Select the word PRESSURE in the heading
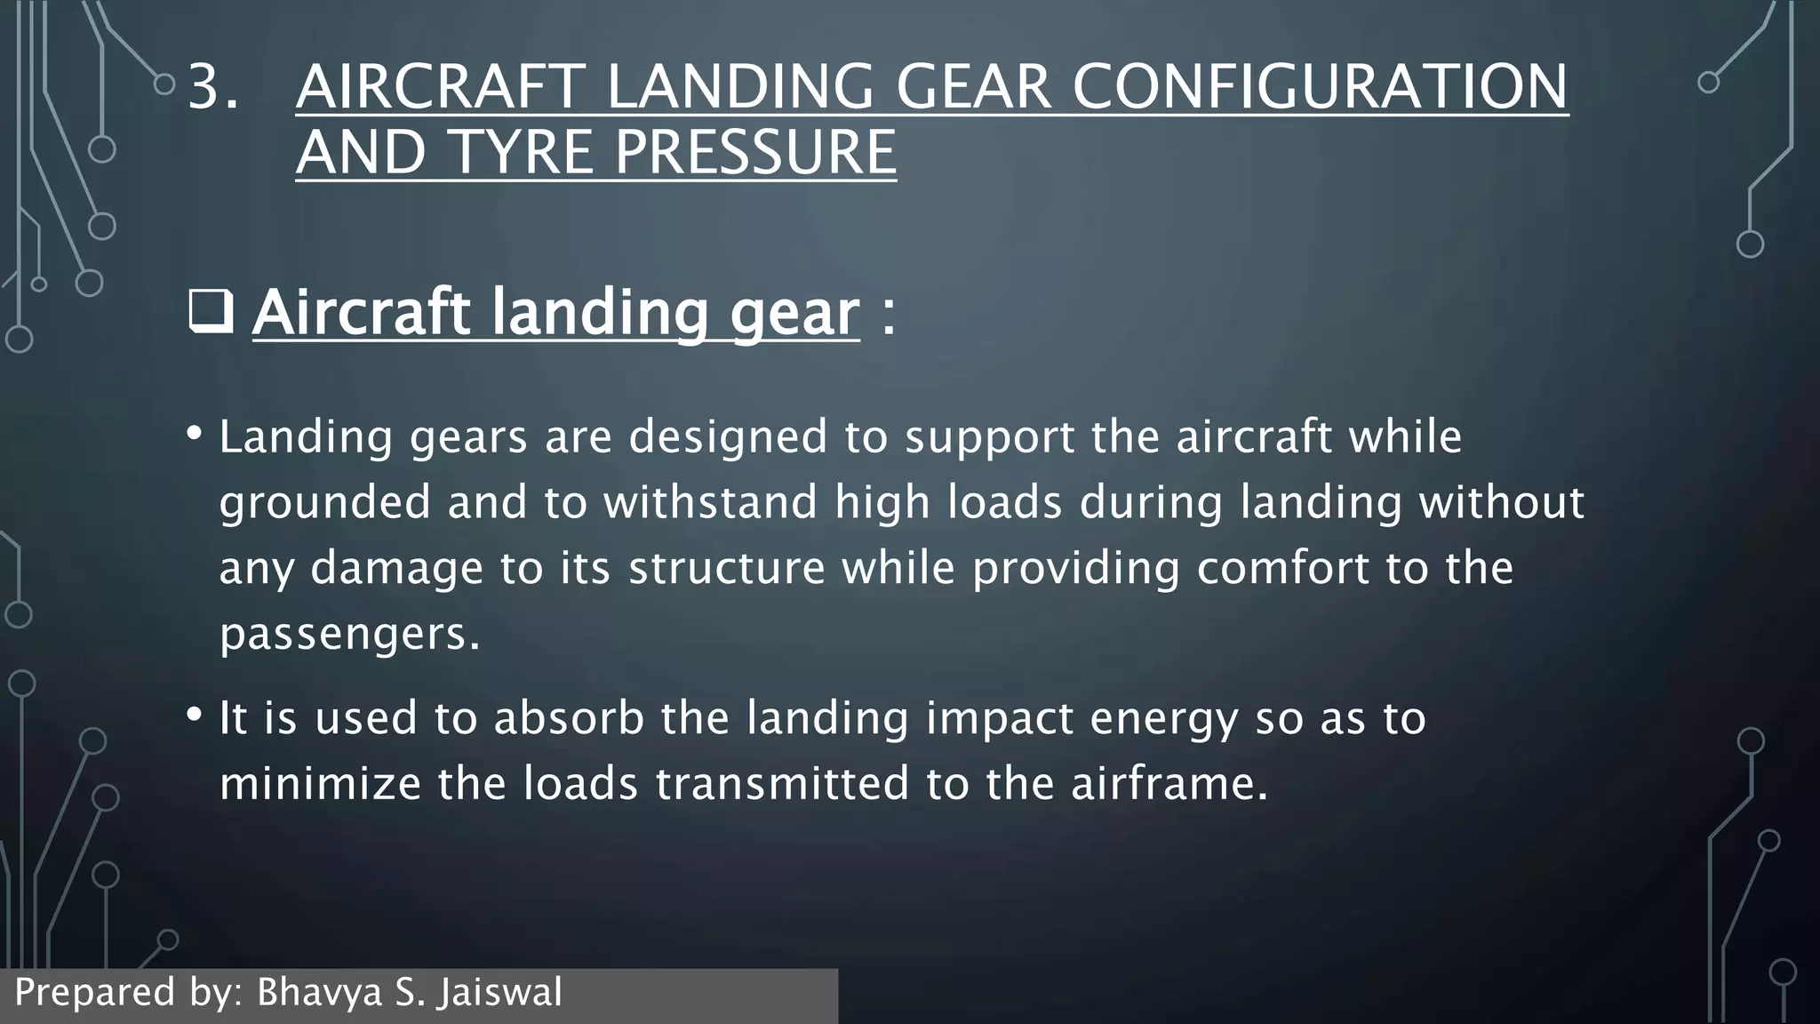pyautogui.click(x=755, y=152)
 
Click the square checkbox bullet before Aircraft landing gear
pyautogui.click(x=211, y=312)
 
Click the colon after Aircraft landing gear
pyautogui.click(x=888, y=315)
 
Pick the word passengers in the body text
pyautogui.click(x=343, y=634)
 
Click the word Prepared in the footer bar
pyautogui.click(x=94, y=992)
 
